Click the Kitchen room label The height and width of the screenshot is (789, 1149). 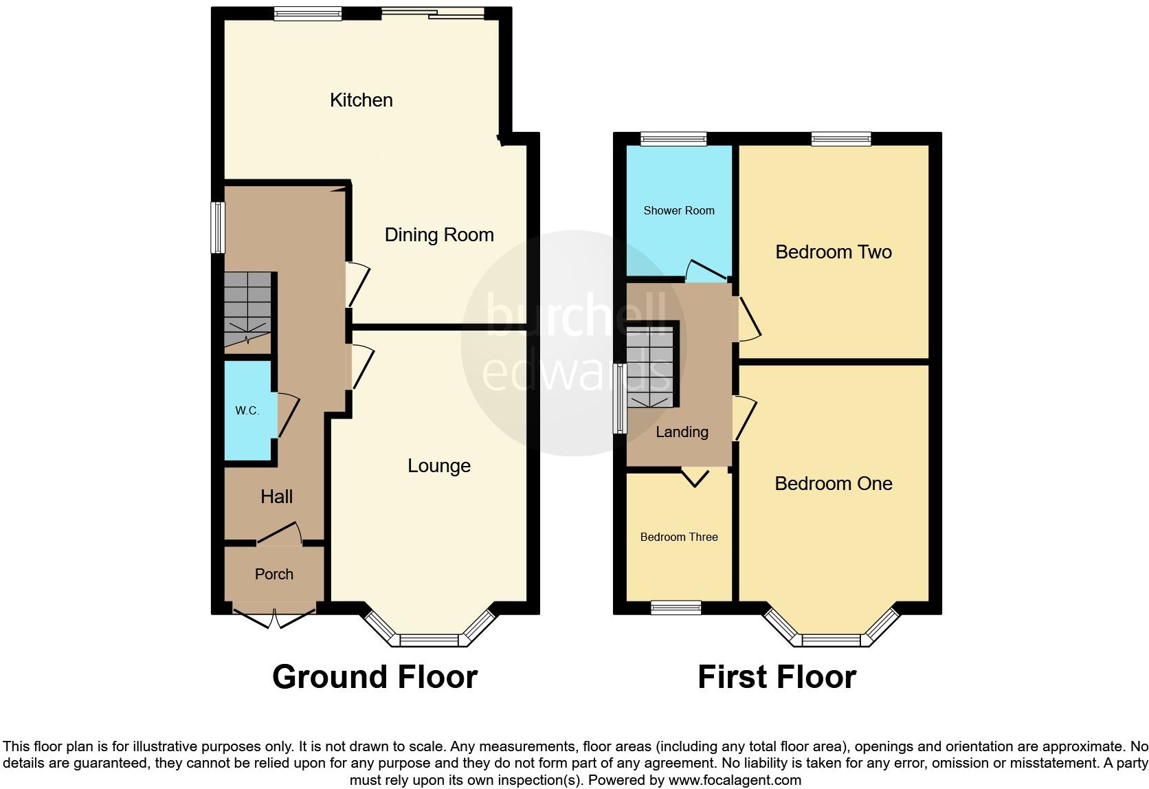coord(361,100)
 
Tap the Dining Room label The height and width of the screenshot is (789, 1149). coord(439,235)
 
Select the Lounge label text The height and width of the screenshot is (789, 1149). coord(439,466)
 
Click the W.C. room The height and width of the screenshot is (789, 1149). coord(247,411)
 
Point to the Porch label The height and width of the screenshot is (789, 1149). coord(274,575)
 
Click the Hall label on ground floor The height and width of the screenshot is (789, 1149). coord(277,497)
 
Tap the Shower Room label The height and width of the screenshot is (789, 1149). coord(678,211)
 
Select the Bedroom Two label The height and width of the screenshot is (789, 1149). coord(833,252)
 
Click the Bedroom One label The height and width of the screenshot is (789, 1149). coord(833,484)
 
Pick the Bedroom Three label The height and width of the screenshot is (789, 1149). coord(678,537)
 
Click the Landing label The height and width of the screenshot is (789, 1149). coord(681,432)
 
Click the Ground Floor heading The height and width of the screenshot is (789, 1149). coord(375,677)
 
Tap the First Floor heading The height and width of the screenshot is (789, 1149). coord(777,677)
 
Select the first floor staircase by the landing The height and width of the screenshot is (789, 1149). coord(649,368)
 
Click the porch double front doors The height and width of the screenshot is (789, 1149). coord(274,616)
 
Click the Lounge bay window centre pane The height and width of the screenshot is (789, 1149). coord(429,641)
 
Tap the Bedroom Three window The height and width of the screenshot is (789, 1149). coord(676,607)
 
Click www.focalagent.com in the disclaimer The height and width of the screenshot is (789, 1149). coord(734,780)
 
